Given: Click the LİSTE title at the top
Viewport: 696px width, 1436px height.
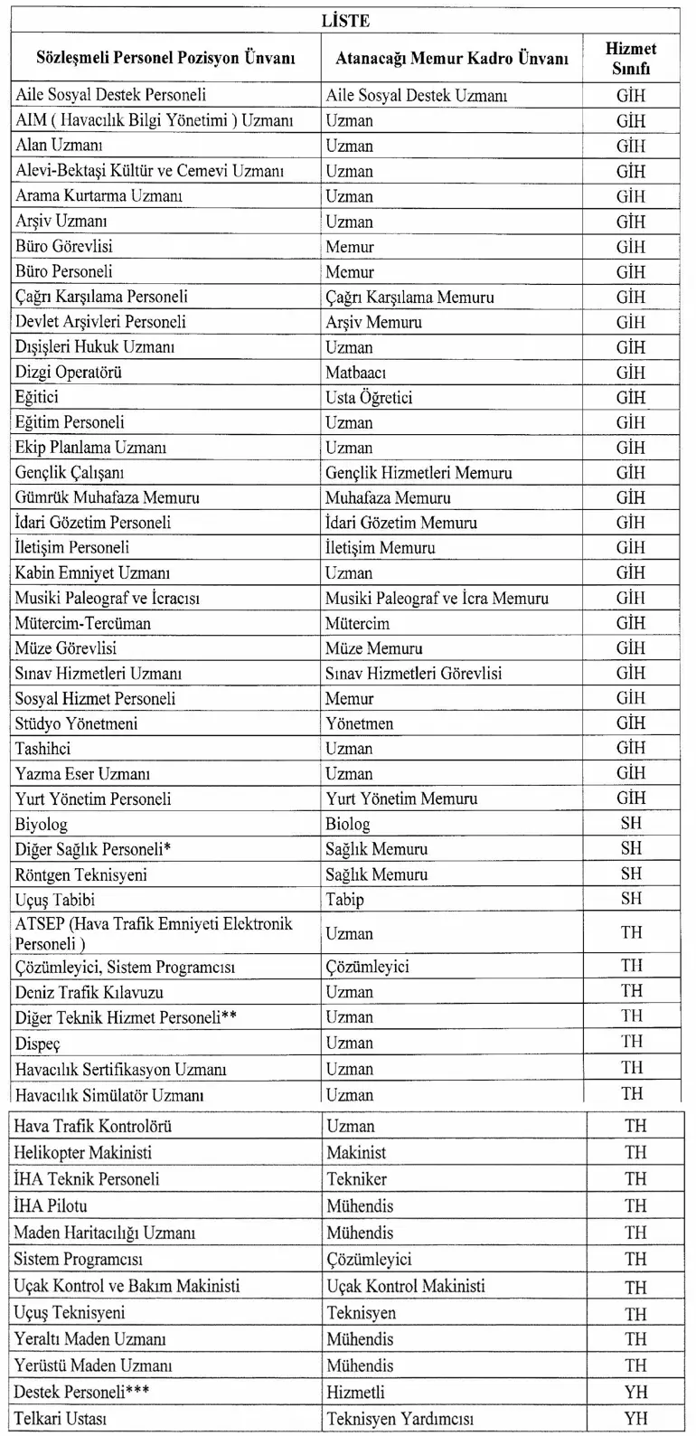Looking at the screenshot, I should (x=345, y=20).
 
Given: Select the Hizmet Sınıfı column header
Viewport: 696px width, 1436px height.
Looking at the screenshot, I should (x=631, y=58).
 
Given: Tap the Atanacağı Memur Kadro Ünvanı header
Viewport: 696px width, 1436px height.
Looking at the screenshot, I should (x=452, y=59).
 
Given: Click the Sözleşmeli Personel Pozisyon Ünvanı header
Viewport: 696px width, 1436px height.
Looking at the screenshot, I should (x=165, y=59).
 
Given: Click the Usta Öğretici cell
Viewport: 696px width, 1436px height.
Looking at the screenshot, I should (x=369, y=398).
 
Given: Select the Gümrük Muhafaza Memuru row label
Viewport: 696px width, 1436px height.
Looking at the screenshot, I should (x=107, y=498).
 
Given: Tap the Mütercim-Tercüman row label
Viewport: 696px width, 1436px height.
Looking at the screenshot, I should (x=82, y=624).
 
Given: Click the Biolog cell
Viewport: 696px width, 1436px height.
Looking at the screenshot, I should (x=348, y=825).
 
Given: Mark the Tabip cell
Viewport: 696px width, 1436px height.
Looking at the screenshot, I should (x=344, y=900).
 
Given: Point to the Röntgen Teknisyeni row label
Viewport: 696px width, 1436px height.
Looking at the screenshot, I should (x=80, y=875).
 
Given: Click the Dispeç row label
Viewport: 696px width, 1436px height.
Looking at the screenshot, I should (x=37, y=1044).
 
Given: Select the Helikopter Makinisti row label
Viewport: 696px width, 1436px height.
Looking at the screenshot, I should (x=82, y=1153).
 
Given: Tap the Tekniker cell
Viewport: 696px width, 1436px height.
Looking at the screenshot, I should (x=357, y=1179).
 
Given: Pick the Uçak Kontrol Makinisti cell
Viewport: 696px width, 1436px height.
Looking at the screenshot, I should (x=406, y=1286).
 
